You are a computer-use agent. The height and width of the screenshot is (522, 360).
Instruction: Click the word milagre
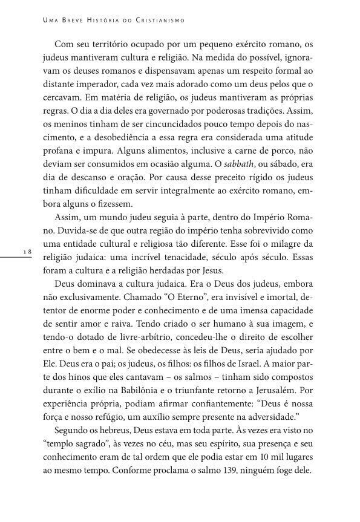click(286, 244)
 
